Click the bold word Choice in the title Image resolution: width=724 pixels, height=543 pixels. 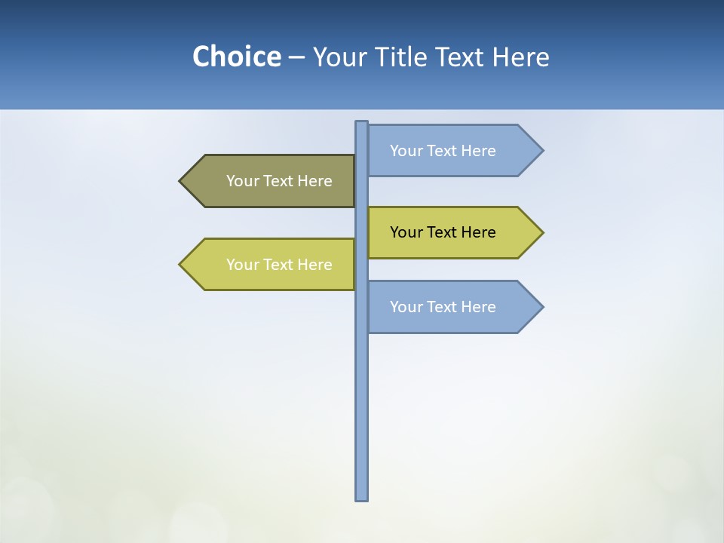click(x=236, y=57)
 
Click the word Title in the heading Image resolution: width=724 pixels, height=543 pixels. click(x=400, y=57)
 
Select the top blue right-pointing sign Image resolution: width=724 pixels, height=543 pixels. click(x=452, y=151)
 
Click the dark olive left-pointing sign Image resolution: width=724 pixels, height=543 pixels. click(x=271, y=181)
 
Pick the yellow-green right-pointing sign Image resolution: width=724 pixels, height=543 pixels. click(x=452, y=232)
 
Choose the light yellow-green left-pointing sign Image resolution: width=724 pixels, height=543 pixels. click(x=271, y=265)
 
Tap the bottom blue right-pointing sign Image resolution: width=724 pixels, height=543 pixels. click(x=452, y=307)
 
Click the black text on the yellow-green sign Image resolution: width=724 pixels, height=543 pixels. click(x=443, y=232)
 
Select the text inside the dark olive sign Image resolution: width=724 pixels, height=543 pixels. click(x=279, y=181)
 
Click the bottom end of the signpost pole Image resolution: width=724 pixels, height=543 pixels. click(x=361, y=497)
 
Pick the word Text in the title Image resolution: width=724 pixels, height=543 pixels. click(x=459, y=57)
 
